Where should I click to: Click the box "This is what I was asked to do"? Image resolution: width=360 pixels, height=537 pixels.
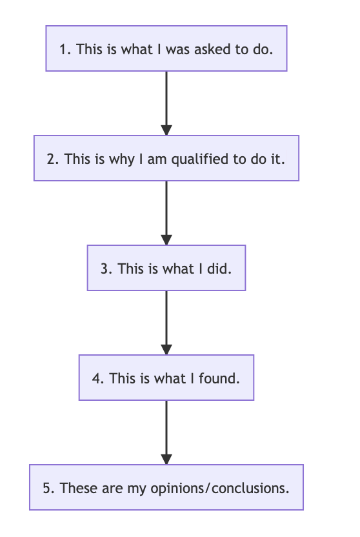[166, 48]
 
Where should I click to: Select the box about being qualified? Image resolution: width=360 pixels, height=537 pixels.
[166, 158]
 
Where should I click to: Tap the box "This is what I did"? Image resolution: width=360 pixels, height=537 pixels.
[166, 268]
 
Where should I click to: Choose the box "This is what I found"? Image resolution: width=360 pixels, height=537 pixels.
[166, 378]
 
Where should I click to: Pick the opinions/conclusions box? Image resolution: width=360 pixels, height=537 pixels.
[166, 487]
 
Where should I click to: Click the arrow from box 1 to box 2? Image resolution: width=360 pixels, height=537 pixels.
[166, 103]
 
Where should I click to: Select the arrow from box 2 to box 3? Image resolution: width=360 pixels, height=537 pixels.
[166, 213]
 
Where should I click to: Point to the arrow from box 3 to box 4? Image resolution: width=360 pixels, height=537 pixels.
[166, 323]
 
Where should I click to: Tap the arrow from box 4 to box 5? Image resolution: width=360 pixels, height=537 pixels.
[166, 432]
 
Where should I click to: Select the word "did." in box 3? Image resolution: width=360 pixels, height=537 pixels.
[219, 269]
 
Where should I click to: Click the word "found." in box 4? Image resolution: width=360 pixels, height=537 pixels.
[219, 378]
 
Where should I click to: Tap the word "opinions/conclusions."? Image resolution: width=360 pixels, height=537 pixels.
[220, 489]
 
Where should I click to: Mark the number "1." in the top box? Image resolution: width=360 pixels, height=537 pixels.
[65, 49]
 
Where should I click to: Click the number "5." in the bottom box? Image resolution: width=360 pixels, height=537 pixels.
[48, 489]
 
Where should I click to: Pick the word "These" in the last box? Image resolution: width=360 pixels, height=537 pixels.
[79, 489]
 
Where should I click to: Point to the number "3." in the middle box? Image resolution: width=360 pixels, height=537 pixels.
[106, 269]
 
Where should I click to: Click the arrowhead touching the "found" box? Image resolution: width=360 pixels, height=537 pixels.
[166, 350]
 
